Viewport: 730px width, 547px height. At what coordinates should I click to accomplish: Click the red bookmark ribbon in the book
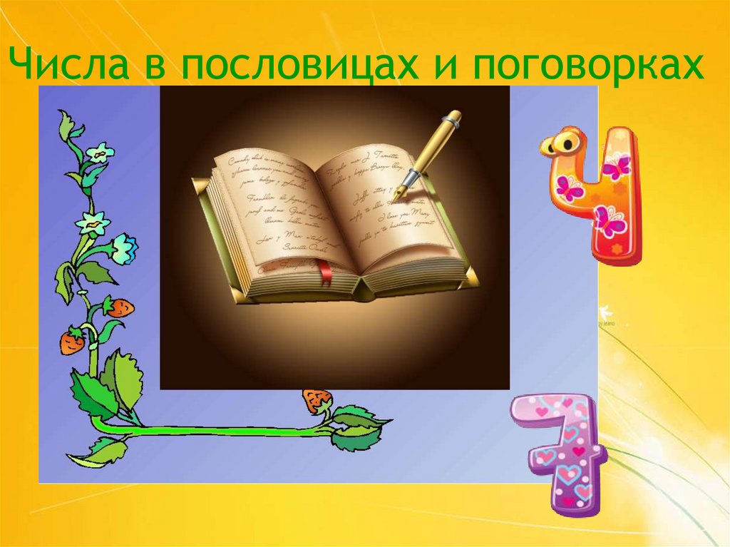pyautogui.click(x=324, y=272)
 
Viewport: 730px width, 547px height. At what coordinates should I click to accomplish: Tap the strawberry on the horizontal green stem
pyautogui.click(x=316, y=400)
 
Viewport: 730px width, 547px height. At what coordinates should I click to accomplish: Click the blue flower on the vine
pyautogui.click(x=125, y=247)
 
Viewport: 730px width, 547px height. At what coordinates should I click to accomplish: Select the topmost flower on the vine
pyautogui.click(x=100, y=152)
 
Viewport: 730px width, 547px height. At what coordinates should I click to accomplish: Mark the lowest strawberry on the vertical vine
pyautogui.click(x=71, y=342)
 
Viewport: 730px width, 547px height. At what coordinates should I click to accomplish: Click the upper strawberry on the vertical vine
pyautogui.click(x=120, y=307)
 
